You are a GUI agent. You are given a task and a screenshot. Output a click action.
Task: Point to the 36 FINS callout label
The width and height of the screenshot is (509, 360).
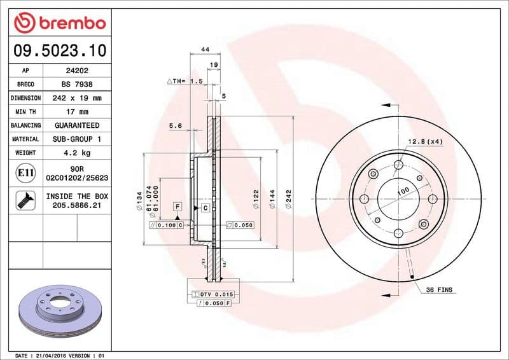(x=440, y=290)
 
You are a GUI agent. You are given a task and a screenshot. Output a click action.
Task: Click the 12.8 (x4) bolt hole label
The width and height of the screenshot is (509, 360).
(x=425, y=141)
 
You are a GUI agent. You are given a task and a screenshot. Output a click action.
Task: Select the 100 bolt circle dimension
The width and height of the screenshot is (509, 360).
(x=403, y=191)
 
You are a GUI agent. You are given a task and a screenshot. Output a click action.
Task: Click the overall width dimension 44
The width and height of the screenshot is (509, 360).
(x=206, y=50)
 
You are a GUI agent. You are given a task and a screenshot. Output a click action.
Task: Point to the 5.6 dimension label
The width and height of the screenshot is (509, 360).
(x=176, y=126)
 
